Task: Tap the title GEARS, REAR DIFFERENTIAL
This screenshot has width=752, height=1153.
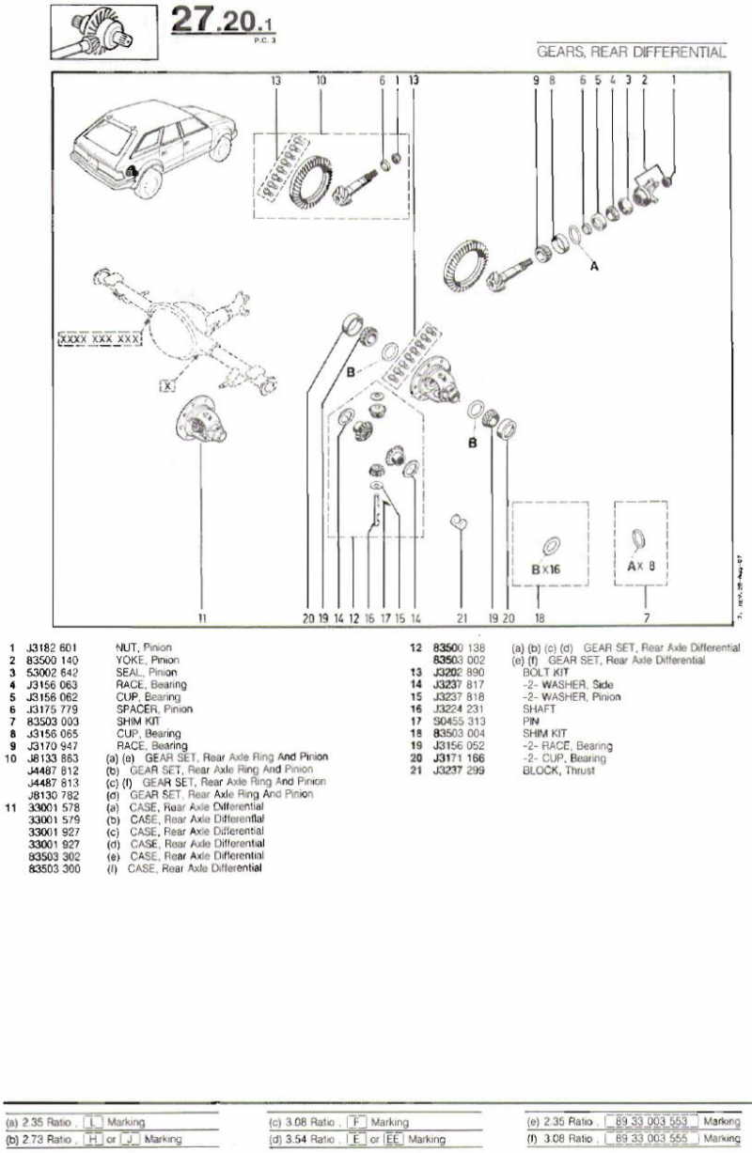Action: click(631, 53)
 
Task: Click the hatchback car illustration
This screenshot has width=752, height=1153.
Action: click(151, 141)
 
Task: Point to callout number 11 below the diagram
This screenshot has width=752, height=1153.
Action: click(202, 618)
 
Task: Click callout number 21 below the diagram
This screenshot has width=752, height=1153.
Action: click(461, 618)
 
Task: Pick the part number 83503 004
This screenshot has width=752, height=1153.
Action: click(459, 733)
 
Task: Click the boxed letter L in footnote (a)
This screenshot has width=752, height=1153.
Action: click(94, 1122)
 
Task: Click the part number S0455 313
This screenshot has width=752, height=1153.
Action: click(459, 722)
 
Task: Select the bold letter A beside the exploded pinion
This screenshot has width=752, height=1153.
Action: click(593, 266)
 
